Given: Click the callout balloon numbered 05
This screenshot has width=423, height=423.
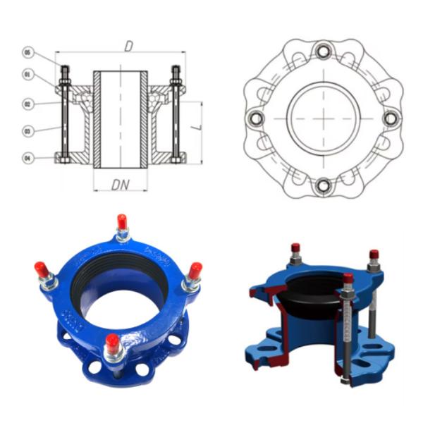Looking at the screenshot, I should (27, 52).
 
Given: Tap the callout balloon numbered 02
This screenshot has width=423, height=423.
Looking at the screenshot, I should (27, 104).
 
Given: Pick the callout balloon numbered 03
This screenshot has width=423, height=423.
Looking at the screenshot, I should (27, 131).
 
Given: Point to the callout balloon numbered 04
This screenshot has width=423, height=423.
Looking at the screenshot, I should (27, 159).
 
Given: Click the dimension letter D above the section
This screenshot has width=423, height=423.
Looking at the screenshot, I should (128, 46).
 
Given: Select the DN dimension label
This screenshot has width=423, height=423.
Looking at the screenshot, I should (120, 185).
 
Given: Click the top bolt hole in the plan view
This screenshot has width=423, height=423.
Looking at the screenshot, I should (324, 51).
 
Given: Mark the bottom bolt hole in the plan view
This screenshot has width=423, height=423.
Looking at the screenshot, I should (324, 185).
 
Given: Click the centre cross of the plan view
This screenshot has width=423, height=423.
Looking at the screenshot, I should (324, 118).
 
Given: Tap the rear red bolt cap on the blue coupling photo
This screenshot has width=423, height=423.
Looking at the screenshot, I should (122, 223).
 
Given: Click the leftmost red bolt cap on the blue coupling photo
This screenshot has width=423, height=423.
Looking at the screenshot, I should (41, 269).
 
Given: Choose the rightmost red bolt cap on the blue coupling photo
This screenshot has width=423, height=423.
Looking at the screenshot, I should (195, 270).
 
